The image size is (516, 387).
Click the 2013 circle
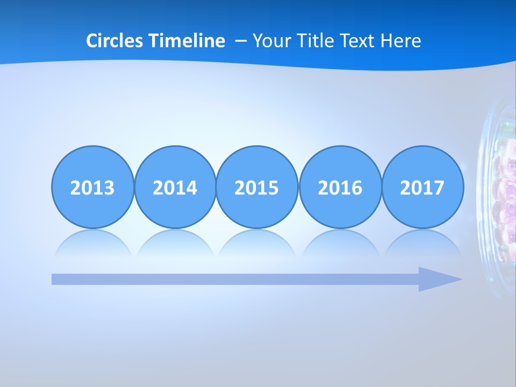point(92,187)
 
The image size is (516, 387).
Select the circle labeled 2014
point(175,187)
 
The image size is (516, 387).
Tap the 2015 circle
point(257,187)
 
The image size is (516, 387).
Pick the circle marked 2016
point(340,187)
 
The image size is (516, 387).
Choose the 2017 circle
point(422,187)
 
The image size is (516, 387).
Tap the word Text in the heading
point(358,41)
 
